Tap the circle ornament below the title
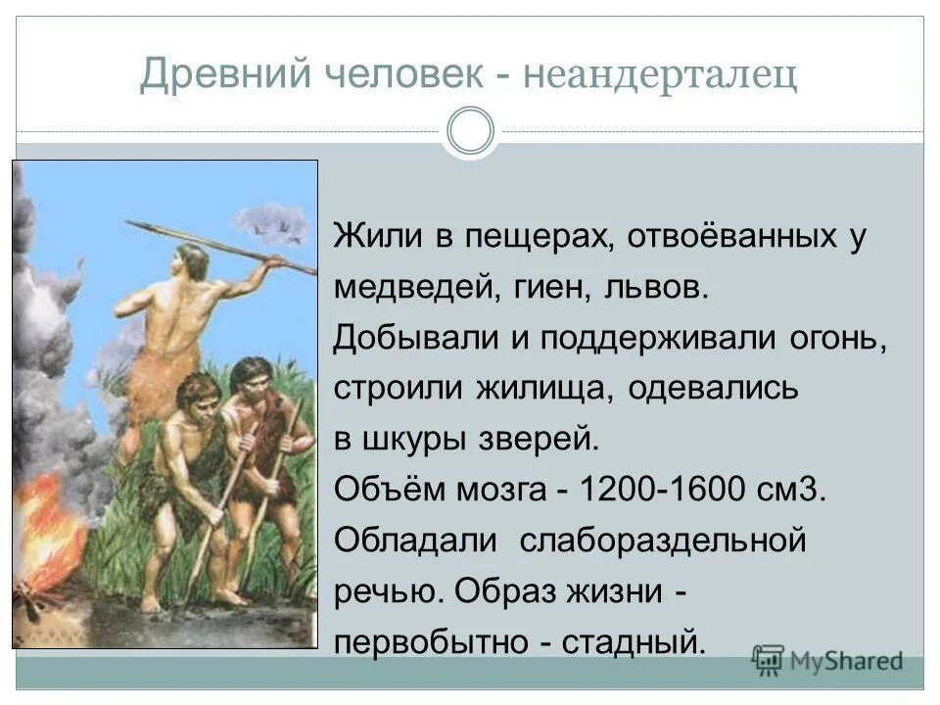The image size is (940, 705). [x=470, y=132]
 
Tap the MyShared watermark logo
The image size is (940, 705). [x=827, y=660]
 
